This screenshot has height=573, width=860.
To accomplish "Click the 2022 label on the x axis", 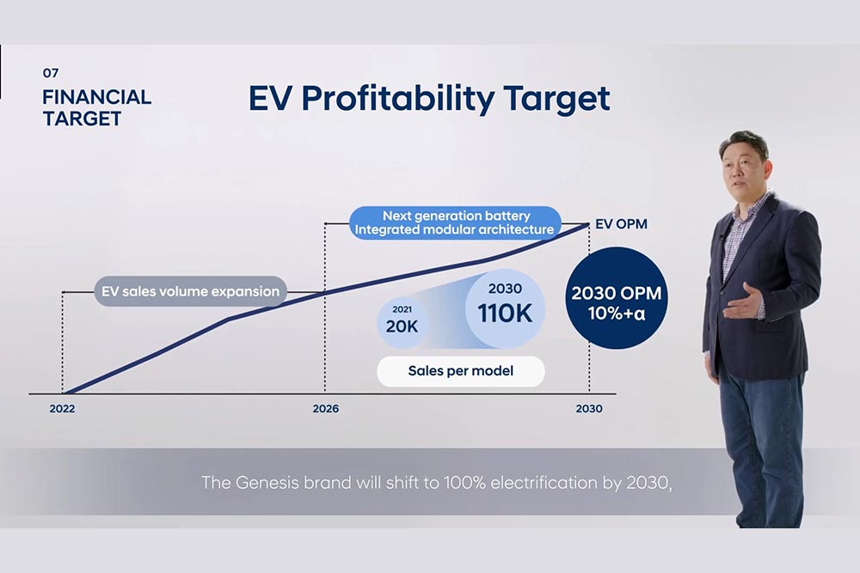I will pos(62,409).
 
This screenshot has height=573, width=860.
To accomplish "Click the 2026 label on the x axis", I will pos(325,409).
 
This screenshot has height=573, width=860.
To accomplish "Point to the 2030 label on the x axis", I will pos(589,409).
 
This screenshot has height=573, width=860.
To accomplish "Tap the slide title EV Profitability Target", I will pos(429,99).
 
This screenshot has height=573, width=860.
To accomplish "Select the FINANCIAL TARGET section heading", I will pos(96,108).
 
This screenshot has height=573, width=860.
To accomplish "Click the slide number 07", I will pos(51,74).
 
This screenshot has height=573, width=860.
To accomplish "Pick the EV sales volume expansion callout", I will pos(190,291).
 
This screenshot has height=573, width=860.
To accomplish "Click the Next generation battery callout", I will pos(456,222).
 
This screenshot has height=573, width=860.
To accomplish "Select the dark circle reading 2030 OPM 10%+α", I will pos(616,300).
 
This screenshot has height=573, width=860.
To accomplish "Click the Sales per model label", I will pos(460,372).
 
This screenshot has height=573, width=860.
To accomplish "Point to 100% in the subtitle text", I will pos(464,482).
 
